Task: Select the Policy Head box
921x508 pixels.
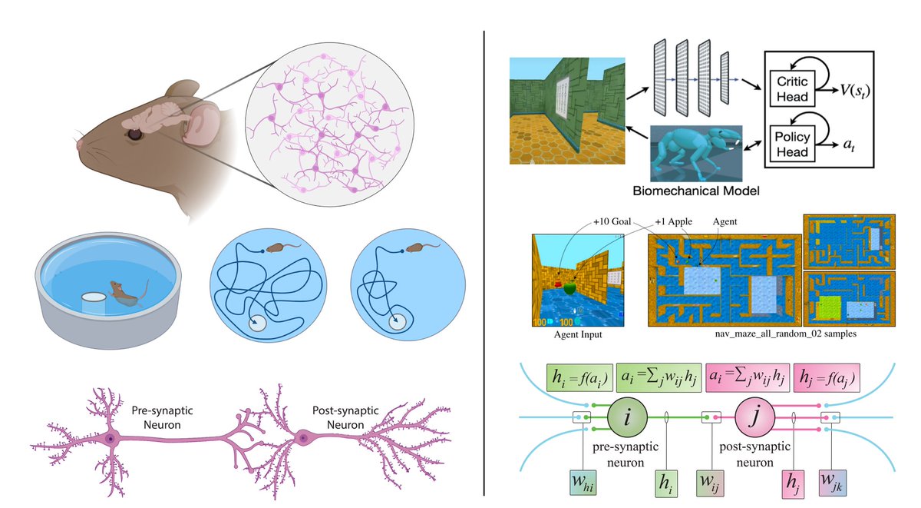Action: (x=793, y=144)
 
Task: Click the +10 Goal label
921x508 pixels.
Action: (x=612, y=221)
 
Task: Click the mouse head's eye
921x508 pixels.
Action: (x=135, y=133)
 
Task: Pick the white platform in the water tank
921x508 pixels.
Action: (x=94, y=300)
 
